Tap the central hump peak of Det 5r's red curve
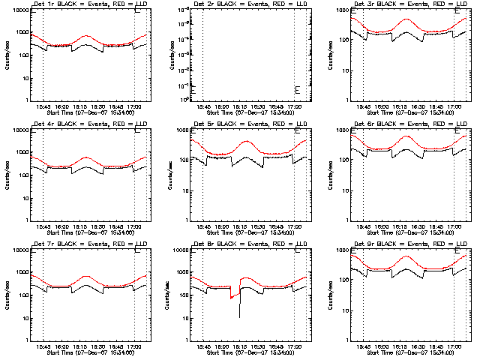(x=247, y=140)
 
